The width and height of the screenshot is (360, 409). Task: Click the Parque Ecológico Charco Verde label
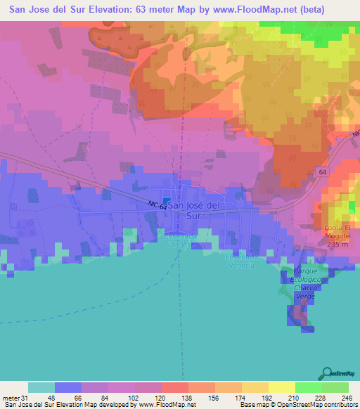point(307,284)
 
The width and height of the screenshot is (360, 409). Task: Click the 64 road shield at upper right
point(322,171)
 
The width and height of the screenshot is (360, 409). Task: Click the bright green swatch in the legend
point(309,387)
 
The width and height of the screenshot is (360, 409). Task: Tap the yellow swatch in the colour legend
point(282,387)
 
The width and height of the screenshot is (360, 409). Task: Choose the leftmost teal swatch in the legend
point(41,387)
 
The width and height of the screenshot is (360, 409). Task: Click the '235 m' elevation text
point(337,245)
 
